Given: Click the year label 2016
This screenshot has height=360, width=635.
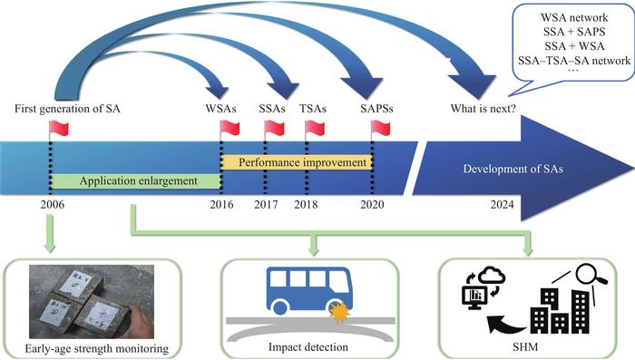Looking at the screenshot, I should point(222,205).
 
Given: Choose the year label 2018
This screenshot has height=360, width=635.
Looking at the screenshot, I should point(308,205).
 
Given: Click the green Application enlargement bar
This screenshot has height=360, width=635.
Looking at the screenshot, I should point(136,180).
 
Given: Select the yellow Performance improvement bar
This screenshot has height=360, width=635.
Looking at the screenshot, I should point(297,161).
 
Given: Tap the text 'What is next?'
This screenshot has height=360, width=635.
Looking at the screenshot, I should point(484,110).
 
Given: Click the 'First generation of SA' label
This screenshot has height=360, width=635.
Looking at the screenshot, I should point(68,110).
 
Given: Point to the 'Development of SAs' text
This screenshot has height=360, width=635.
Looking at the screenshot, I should point(513,170).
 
